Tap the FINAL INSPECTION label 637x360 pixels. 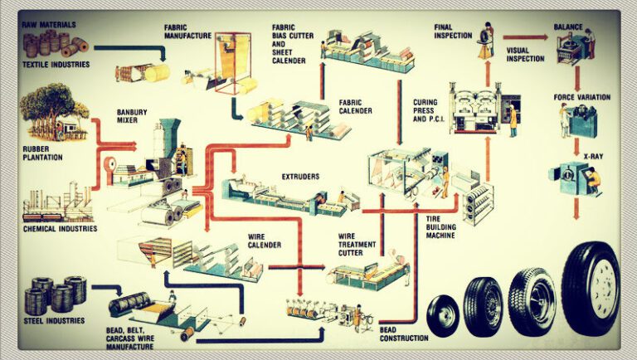[453, 32]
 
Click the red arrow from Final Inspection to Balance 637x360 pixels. [524, 37]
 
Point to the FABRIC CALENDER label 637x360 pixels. [354, 108]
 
